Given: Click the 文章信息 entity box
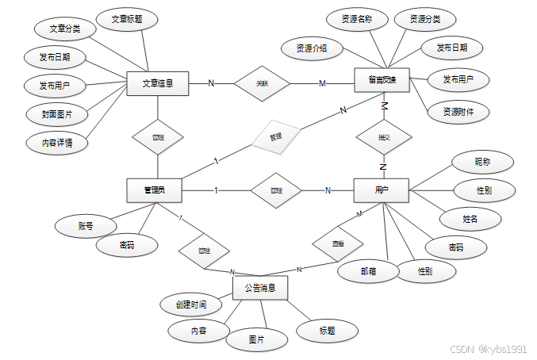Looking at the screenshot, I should click(x=158, y=83).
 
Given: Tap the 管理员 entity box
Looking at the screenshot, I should click(x=154, y=190).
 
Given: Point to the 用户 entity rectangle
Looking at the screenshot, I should click(x=381, y=190).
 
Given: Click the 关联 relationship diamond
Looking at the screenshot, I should click(x=262, y=83).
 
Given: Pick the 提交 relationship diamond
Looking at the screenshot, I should click(x=384, y=137).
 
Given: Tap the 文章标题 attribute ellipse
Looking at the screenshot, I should click(x=127, y=19).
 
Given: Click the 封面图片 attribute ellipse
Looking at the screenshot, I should click(x=57, y=114).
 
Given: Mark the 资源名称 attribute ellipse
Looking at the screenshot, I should click(x=357, y=19).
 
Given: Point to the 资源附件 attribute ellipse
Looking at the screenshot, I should click(x=458, y=112).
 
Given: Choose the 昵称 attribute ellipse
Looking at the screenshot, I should click(x=482, y=161).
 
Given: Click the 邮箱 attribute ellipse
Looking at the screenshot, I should click(x=367, y=270).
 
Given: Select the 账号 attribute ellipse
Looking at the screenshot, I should click(x=86, y=226).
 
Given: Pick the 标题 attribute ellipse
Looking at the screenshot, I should click(x=327, y=330).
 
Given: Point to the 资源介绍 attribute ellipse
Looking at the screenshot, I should click(x=312, y=48).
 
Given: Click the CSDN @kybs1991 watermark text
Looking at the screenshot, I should click(x=488, y=349).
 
